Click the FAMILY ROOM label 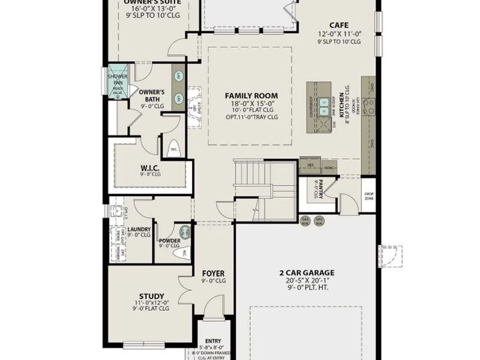tap(251, 95)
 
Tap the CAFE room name tap(339, 25)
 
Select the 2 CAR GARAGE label tap(307, 272)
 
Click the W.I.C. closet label tap(149, 167)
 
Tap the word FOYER tap(213, 272)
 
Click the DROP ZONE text tap(368, 196)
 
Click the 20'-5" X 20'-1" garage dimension tap(307, 280)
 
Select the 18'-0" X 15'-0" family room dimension tap(251, 103)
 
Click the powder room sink tap(185, 232)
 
